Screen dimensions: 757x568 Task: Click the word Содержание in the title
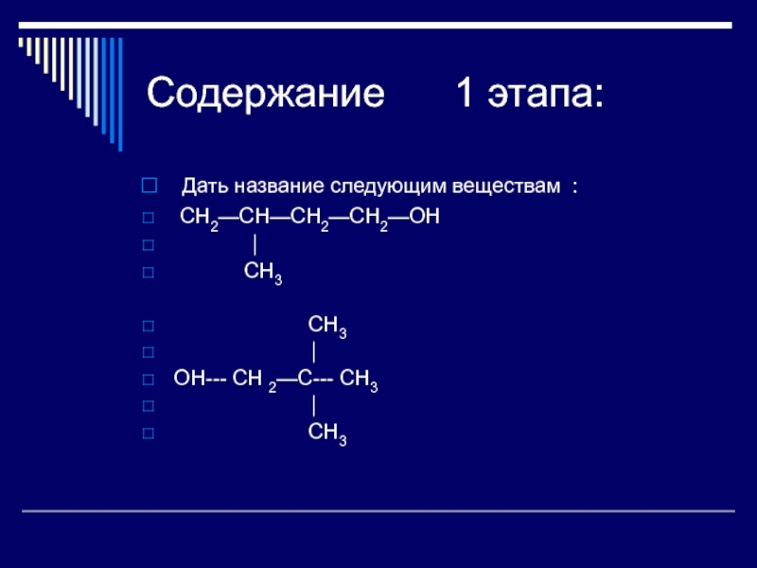[266, 93]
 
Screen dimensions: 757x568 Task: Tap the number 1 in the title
[465, 92]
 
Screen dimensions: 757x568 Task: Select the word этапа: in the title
[546, 94]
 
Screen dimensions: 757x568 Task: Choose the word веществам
[506, 186]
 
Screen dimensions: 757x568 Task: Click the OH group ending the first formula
[424, 217]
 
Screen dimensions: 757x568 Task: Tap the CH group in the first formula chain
[254, 217]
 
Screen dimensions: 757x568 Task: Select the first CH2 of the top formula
[199, 219]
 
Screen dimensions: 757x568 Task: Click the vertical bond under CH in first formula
[255, 245]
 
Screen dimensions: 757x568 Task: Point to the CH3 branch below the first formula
[263, 273]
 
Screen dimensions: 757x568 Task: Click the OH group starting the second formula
[189, 378]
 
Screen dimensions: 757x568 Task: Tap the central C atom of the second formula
[305, 378]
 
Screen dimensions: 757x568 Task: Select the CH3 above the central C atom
[327, 327]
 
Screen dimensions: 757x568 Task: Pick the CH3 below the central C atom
[327, 434]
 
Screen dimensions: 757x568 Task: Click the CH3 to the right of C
[359, 381]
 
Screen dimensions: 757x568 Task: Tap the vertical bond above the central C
[314, 352]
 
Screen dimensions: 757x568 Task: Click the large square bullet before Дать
[150, 186]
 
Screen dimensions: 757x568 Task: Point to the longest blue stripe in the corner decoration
[120, 94]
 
